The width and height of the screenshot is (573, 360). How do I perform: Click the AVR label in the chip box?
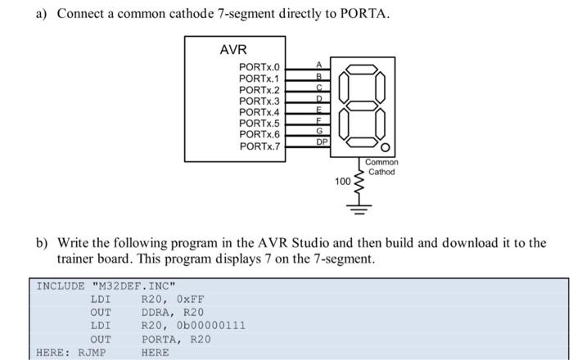click(x=233, y=50)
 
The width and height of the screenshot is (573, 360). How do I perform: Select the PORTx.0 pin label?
click(x=259, y=67)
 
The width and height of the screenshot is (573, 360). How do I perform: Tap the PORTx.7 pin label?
click(x=259, y=146)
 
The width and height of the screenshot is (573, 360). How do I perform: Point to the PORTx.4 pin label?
click(x=259, y=112)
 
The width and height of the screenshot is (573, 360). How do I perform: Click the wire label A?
click(x=319, y=64)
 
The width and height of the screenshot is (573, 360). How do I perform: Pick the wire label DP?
click(x=322, y=142)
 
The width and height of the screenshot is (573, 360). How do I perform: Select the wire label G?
click(x=319, y=130)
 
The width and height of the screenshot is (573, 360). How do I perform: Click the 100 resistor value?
click(x=342, y=180)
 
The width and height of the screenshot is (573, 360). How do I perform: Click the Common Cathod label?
click(x=381, y=167)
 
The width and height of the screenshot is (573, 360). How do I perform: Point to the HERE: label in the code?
click(x=53, y=353)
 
